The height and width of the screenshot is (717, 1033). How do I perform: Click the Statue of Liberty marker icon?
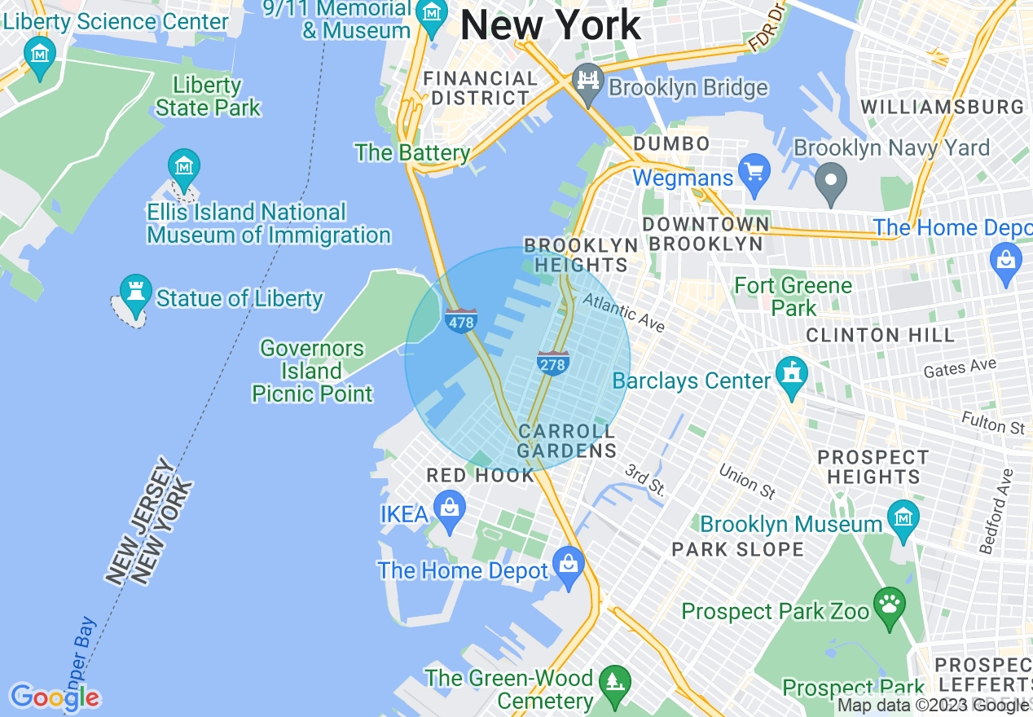tap(135, 291)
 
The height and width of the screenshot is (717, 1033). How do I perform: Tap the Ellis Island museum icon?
tap(184, 166)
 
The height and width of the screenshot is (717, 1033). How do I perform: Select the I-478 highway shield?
tap(461, 319)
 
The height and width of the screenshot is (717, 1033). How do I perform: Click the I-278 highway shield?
tap(552, 363)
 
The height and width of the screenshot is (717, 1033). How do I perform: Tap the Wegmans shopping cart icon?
tap(754, 173)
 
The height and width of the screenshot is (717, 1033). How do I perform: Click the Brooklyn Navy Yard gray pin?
tap(831, 180)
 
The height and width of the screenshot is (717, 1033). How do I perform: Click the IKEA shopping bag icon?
tap(449, 509)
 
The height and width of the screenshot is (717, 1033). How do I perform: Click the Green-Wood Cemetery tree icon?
tap(615, 681)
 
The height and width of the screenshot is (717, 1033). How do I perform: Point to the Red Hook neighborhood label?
tap(481, 476)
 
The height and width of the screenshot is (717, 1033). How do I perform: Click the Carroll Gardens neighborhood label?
tap(567, 441)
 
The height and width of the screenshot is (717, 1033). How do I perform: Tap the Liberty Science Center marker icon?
tap(40, 54)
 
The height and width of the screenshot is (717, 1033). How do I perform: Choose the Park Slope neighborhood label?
tap(738, 550)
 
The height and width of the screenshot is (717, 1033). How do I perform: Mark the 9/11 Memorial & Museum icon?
tap(431, 13)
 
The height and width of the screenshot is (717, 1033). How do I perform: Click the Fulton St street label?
tap(993, 422)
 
